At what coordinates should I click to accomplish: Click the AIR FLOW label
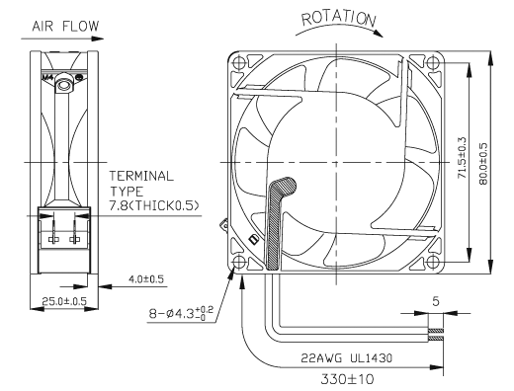tap(65, 26)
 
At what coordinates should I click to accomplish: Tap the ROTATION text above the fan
tap(339, 19)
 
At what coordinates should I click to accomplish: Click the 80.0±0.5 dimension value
tap(483, 164)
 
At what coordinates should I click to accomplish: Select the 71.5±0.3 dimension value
tap(463, 158)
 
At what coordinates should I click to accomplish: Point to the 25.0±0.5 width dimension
tap(64, 301)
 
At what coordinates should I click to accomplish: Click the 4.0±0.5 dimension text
tap(146, 279)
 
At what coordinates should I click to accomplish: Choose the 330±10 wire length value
tap(348, 379)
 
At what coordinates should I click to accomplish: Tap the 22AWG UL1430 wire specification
tap(346, 357)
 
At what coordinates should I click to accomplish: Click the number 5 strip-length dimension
tap(436, 301)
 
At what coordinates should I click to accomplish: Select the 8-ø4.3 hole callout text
tap(181, 313)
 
